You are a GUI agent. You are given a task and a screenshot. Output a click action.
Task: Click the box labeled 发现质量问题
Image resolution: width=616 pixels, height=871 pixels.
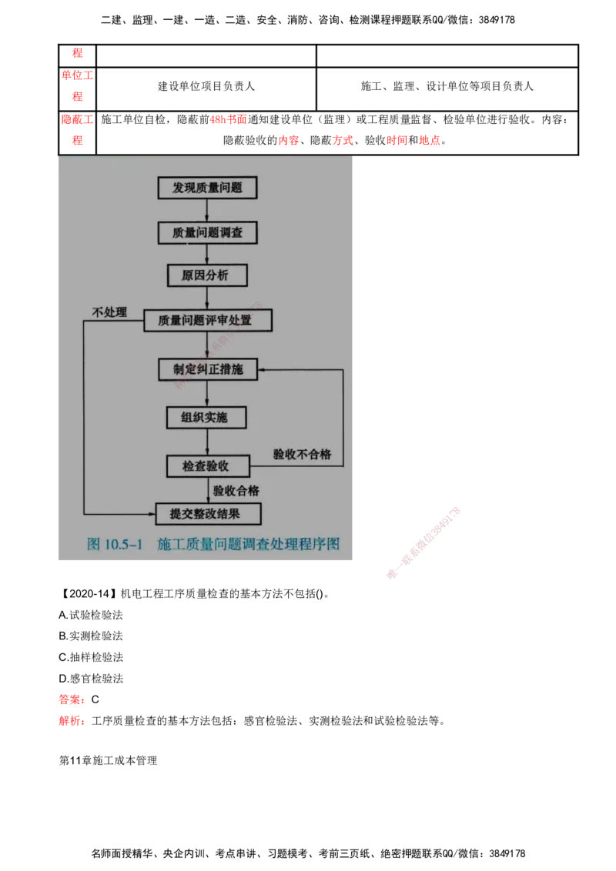click(x=206, y=188)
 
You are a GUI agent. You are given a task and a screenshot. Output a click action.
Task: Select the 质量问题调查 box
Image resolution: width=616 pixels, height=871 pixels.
click(x=206, y=232)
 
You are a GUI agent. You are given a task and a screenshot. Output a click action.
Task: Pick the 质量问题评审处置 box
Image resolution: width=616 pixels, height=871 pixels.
click(x=208, y=321)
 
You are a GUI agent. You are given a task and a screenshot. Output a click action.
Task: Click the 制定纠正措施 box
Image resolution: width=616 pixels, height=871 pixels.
click(x=207, y=369)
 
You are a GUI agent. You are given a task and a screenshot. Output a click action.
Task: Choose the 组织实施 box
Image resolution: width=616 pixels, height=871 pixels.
click(x=206, y=417)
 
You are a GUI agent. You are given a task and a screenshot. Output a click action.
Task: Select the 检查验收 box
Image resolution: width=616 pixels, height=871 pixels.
click(x=208, y=466)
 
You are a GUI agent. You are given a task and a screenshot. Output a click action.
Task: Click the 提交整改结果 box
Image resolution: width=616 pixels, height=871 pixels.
click(x=209, y=513)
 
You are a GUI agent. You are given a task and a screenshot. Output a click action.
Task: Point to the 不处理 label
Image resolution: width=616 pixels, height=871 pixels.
click(x=109, y=312)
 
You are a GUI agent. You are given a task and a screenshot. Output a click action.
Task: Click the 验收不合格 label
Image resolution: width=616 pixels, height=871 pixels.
click(x=302, y=454)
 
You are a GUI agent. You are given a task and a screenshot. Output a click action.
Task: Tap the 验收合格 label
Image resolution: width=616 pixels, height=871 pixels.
click(x=236, y=490)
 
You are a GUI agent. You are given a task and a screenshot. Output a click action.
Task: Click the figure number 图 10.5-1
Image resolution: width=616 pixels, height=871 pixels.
click(x=116, y=544)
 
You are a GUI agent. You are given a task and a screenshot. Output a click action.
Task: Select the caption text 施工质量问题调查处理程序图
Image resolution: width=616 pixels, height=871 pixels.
click(x=248, y=544)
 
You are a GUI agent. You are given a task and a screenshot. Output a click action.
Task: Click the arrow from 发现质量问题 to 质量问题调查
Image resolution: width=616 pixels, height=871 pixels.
click(x=206, y=211)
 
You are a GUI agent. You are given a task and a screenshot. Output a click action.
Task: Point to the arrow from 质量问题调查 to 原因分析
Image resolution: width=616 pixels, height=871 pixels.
click(x=206, y=255)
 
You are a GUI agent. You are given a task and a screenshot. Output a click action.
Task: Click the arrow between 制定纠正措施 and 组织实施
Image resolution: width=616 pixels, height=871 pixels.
click(x=206, y=393)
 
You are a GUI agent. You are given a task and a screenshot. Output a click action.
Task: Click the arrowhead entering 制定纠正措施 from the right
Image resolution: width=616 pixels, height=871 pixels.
click(x=260, y=369)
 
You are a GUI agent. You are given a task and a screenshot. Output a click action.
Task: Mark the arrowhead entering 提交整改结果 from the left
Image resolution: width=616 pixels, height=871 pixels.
click(x=151, y=513)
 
